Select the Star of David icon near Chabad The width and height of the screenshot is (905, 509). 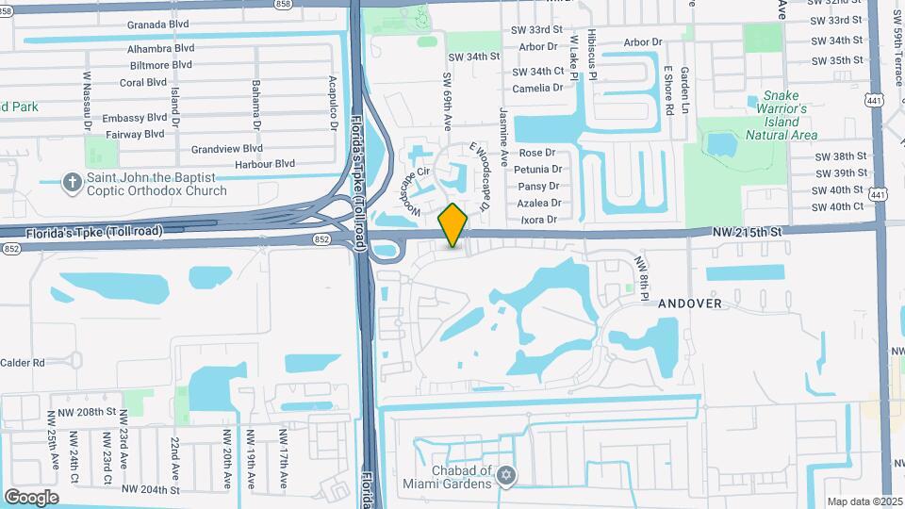pyautogui.click(x=507, y=475)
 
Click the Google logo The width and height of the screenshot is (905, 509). pyautogui.click(x=31, y=498)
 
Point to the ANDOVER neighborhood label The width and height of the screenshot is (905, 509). pyautogui.click(x=690, y=304)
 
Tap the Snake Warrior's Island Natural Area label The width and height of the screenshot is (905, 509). pyautogui.click(x=781, y=115)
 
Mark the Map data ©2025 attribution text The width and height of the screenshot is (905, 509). pyautogui.click(x=864, y=501)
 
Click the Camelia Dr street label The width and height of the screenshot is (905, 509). pyautogui.click(x=537, y=88)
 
